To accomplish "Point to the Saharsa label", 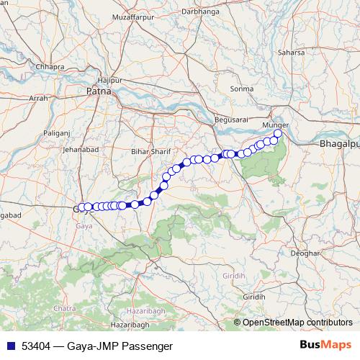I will pyautogui.click(x=291, y=53).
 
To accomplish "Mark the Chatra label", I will pyautogui.click(x=64, y=308).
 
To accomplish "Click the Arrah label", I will pyautogui.click(x=37, y=97).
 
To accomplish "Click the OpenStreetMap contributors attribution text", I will pyautogui.click(x=297, y=322).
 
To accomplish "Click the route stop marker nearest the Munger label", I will pyautogui.click(x=278, y=133).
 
